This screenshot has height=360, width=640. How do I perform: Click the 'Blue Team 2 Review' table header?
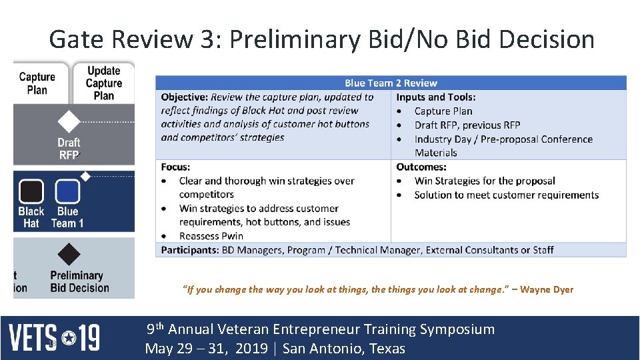[391, 83]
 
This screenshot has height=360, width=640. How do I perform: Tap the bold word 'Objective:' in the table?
[184, 97]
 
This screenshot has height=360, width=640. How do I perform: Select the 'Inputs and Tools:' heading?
[435, 97]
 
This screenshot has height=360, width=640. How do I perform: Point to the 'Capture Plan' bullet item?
[443, 111]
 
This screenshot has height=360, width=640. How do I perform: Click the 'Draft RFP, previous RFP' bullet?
[467, 125]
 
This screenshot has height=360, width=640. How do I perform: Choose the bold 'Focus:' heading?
[175, 167]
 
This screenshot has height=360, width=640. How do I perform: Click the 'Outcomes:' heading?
[421, 167]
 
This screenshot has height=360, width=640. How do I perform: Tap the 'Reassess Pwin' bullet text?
[211, 236]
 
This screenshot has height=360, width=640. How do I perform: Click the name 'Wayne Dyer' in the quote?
[547, 289]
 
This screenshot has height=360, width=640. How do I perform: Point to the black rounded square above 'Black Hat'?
[31, 192]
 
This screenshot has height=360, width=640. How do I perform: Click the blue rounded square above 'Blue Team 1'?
[67, 192]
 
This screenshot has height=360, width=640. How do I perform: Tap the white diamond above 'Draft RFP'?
[68, 122]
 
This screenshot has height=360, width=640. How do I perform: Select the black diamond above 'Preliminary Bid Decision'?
[68, 254]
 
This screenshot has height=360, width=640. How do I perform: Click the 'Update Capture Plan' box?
[103, 83]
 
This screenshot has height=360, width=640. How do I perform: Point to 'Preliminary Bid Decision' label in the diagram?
[79, 281]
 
